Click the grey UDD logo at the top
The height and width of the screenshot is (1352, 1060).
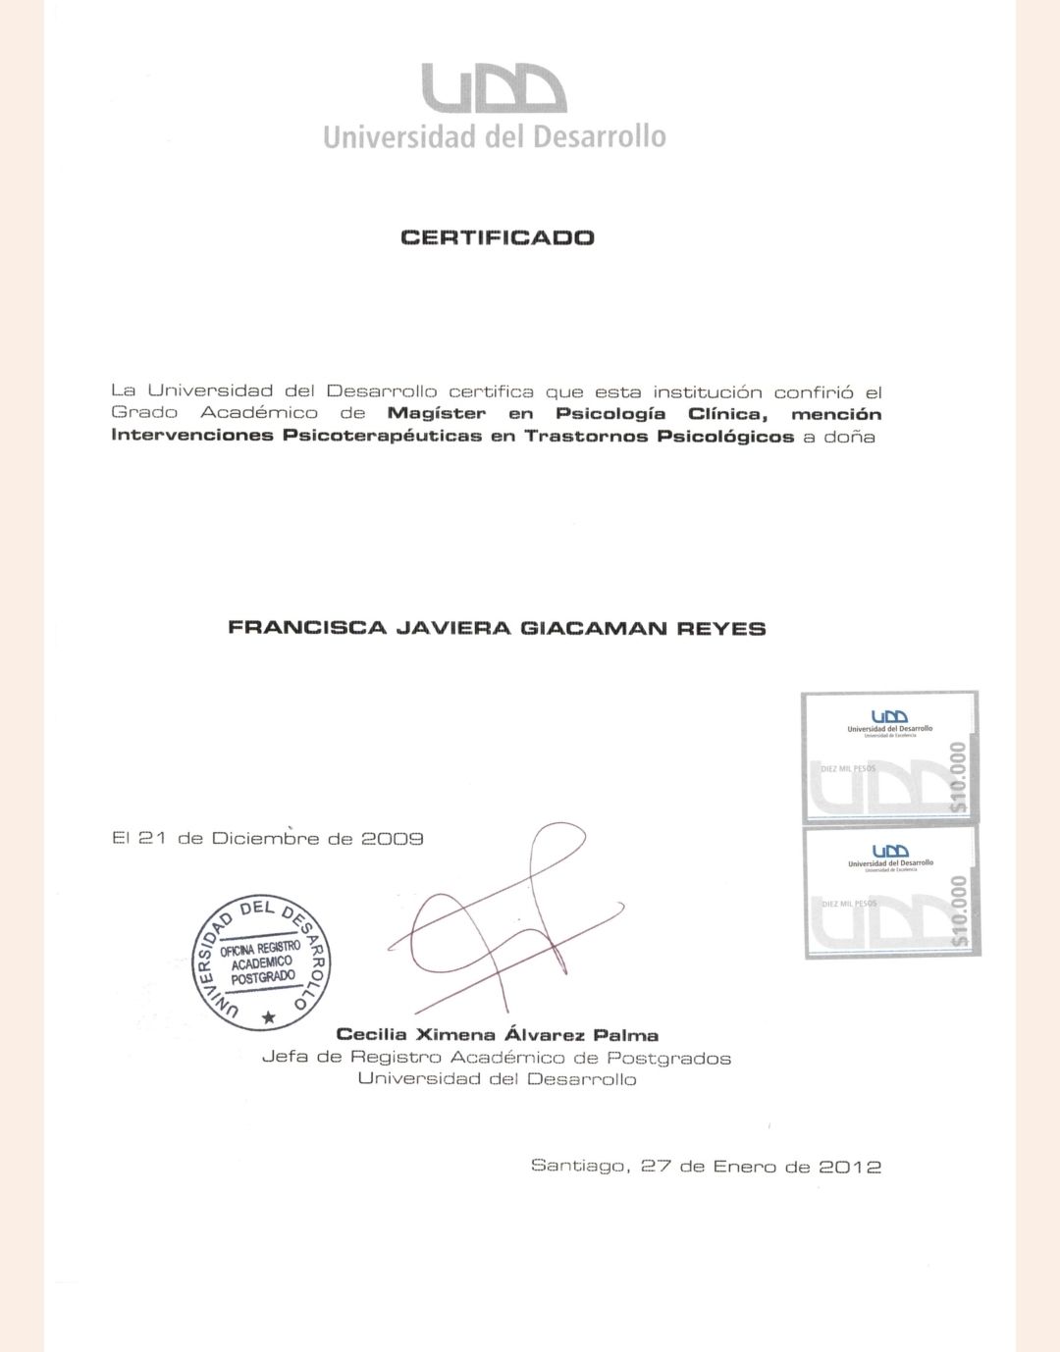pyautogui.click(x=494, y=88)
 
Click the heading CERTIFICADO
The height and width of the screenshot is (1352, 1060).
pyautogui.click(x=498, y=237)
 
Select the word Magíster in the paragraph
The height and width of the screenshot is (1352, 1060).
pyautogui.click(x=436, y=414)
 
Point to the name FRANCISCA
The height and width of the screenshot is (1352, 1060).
pyautogui.click(x=306, y=628)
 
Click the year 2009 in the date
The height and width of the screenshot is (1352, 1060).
pyautogui.click(x=393, y=839)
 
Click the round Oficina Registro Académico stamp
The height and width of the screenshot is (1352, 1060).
pyautogui.click(x=261, y=962)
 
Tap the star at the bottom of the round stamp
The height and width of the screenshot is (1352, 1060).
pyautogui.click(x=269, y=1017)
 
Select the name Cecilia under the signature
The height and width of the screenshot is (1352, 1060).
pyautogui.click(x=371, y=1035)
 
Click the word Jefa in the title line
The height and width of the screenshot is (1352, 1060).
pyautogui.click(x=287, y=1058)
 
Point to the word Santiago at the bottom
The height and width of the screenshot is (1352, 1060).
pyautogui.click(x=578, y=1166)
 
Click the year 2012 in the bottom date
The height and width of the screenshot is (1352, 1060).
pyautogui.click(x=850, y=1167)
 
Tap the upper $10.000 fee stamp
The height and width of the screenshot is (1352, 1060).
pyautogui.click(x=889, y=756)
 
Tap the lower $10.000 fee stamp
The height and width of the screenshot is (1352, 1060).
pyautogui.click(x=891, y=892)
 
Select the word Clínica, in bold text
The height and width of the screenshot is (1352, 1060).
pyautogui.click(x=727, y=414)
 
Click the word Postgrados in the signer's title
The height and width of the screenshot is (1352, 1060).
pyautogui.click(x=668, y=1058)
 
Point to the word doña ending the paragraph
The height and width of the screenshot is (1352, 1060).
pyautogui.click(x=849, y=436)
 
